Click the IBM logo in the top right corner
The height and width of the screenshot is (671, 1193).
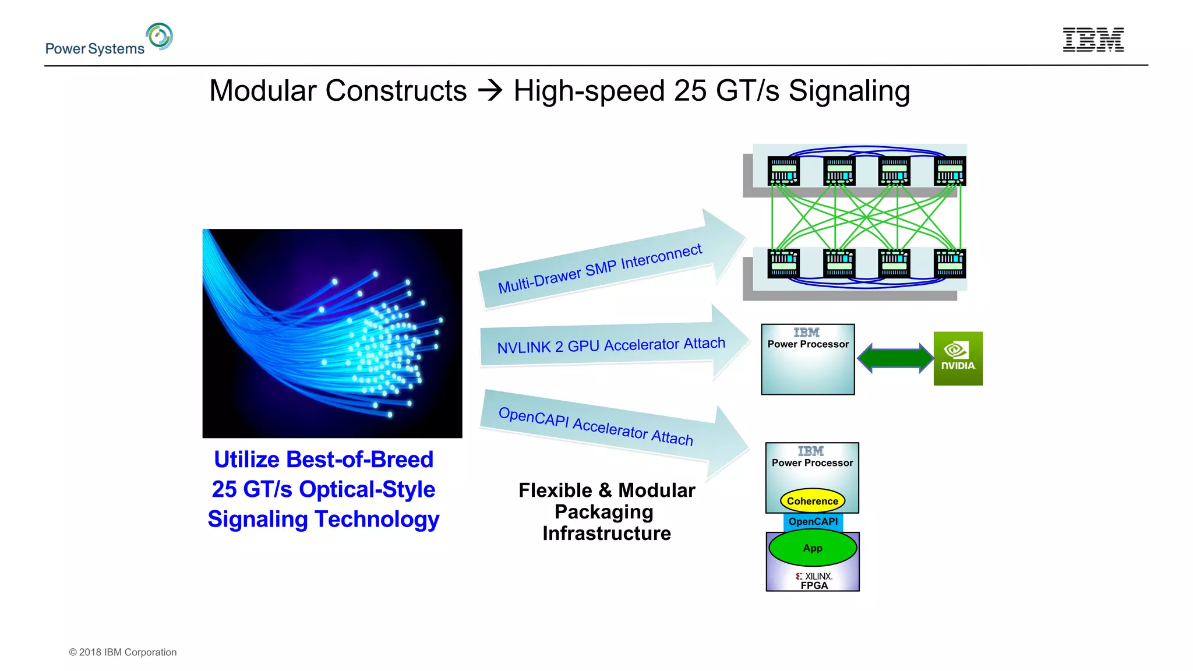click(1093, 40)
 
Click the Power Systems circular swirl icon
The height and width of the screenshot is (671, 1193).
click(160, 36)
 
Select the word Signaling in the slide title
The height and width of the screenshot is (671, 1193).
click(849, 91)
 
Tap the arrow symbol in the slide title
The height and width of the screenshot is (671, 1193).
click(490, 91)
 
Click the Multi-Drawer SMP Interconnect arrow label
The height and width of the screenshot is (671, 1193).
click(599, 269)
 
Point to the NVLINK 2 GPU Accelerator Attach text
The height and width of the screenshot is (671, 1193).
click(610, 345)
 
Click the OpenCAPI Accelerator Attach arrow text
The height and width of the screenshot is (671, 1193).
click(595, 426)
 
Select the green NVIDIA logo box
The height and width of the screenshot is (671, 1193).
click(958, 358)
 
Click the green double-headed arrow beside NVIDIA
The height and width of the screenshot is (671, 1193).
click(895, 358)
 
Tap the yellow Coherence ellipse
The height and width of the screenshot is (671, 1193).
click(812, 501)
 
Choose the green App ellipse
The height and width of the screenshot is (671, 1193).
click(812, 548)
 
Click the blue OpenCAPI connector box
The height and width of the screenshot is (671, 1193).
click(813, 521)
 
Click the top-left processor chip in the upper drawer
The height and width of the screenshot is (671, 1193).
click(783, 171)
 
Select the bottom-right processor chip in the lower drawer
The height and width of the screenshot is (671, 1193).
click(950, 263)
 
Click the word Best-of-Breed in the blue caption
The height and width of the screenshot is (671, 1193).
click(359, 460)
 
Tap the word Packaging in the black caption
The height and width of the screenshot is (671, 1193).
click(603, 512)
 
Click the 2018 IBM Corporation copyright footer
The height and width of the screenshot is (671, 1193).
click(123, 652)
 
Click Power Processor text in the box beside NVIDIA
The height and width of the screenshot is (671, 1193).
click(808, 344)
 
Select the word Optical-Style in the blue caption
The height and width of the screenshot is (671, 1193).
click(366, 489)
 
